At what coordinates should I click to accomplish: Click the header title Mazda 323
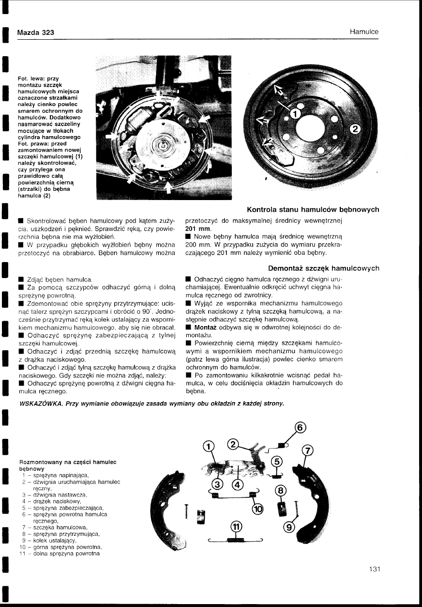click(x=35, y=32)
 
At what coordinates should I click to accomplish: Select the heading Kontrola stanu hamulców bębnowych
click(x=313, y=209)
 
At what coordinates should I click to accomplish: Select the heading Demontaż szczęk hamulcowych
click(x=323, y=268)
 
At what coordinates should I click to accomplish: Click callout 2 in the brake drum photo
click(x=355, y=129)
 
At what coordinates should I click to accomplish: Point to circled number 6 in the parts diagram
click(x=301, y=427)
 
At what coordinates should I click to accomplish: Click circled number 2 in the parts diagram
click(x=234, y=445)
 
